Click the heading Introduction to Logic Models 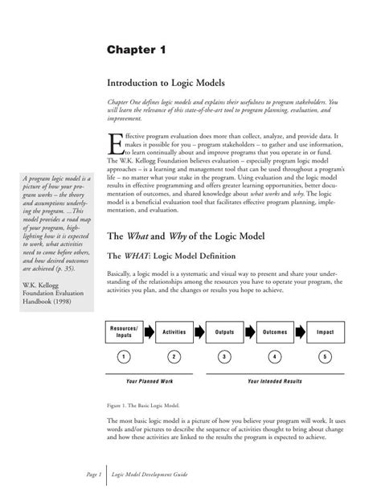[x=166, y=83]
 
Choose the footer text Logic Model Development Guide [x=150, y=475]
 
